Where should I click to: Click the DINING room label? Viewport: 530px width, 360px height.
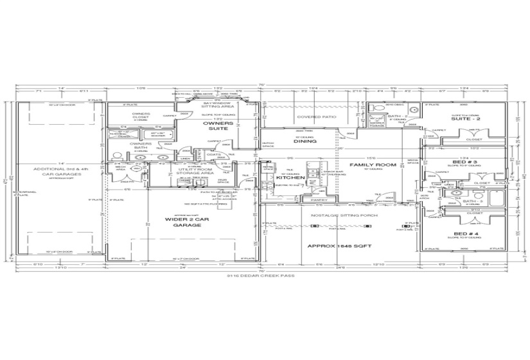(x=303, y=142)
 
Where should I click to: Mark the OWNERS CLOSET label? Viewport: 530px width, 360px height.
(x=141, y=115)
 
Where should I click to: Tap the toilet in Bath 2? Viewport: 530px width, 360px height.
(x=373, y=119)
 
